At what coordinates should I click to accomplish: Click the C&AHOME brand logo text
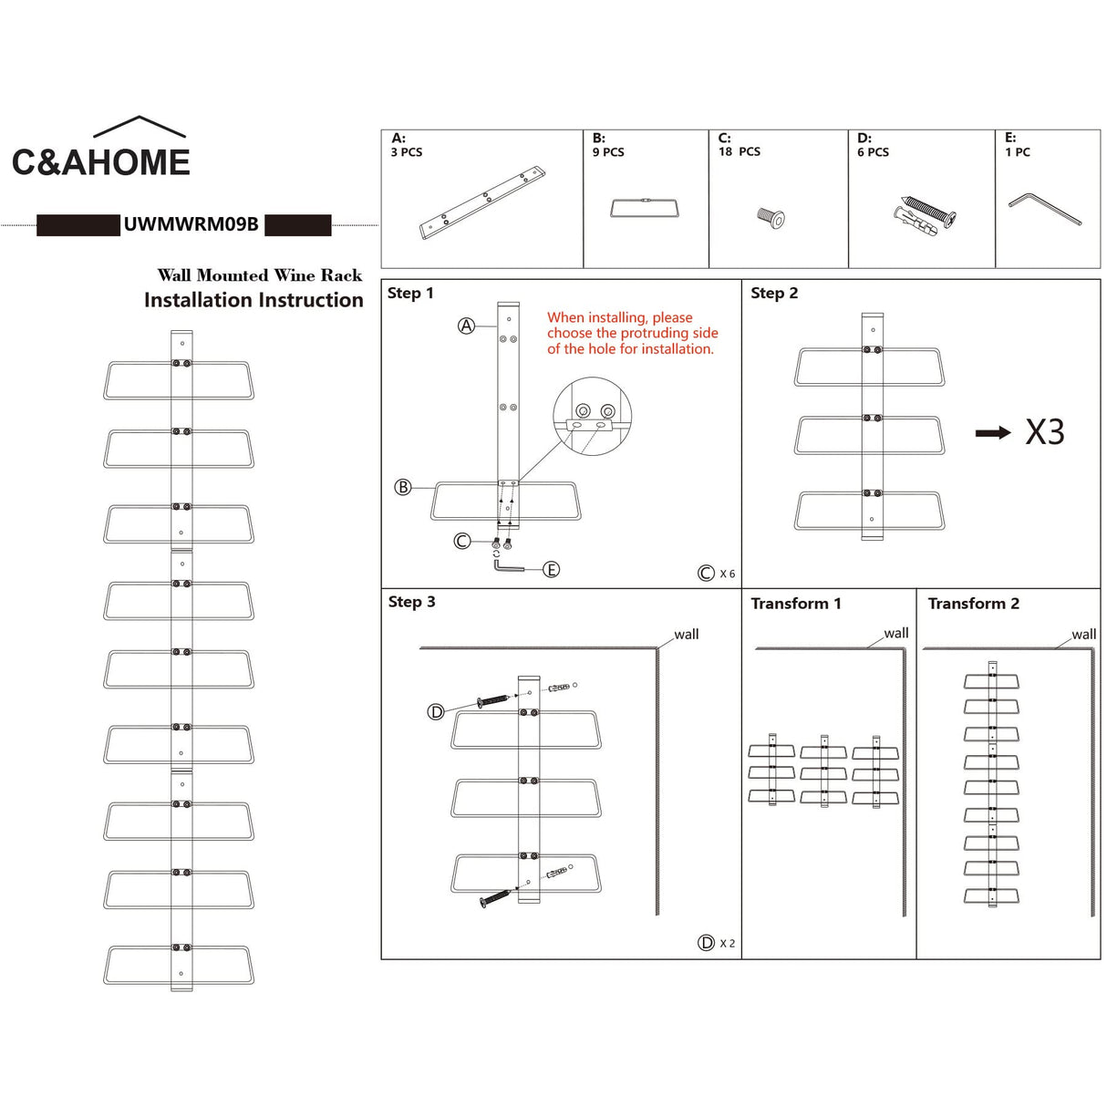coord(101,162)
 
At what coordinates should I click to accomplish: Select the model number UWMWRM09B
coord(191,224)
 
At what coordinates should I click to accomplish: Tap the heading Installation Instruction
coord(253,300)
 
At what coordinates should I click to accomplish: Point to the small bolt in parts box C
coord(771,218)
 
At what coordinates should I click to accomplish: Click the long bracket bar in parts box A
coord(482,202)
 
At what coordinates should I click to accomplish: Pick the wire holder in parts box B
coord(646,208)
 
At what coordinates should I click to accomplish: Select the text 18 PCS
coord(740,151)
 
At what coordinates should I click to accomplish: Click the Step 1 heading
coord(410,293)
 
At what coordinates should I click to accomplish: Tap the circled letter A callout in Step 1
coord(466,326)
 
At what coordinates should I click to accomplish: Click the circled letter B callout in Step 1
coord(403,487)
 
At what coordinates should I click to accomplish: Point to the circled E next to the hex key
coord(552,569)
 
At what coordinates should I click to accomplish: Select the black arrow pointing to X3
coord(993,432)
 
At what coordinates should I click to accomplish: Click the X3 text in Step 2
coord(1045,431)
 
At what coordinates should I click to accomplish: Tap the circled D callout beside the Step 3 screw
coord(436,712)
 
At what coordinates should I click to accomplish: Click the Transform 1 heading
coord(796,603)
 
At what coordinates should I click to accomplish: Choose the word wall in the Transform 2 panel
coord(1084,635)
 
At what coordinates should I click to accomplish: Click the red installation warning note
coord(633,333)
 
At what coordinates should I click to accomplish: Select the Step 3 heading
coord(411,602)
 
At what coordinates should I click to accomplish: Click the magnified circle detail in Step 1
coord(593,416)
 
